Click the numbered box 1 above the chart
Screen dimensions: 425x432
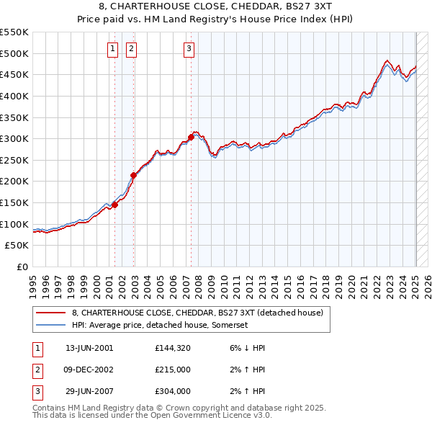coord(114,49)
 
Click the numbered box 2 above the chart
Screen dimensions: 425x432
coord(132,49)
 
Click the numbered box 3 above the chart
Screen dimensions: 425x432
coord(189,49)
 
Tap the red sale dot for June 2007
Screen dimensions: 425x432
coord(191,137)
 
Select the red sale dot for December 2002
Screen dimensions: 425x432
coord(133,174)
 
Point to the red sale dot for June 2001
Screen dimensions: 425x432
coord(114,205)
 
